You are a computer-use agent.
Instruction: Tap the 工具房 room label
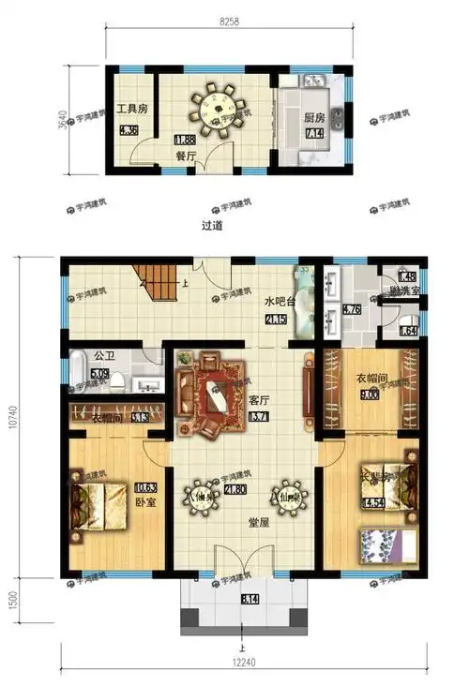(131, 109)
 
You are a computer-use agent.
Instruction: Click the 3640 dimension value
(63, 121)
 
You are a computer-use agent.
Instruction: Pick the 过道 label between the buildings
(213, 226)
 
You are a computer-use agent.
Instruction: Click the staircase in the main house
(161, 282)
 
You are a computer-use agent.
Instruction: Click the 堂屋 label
(247, 524)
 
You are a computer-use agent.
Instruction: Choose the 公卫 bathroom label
(103, 356)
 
